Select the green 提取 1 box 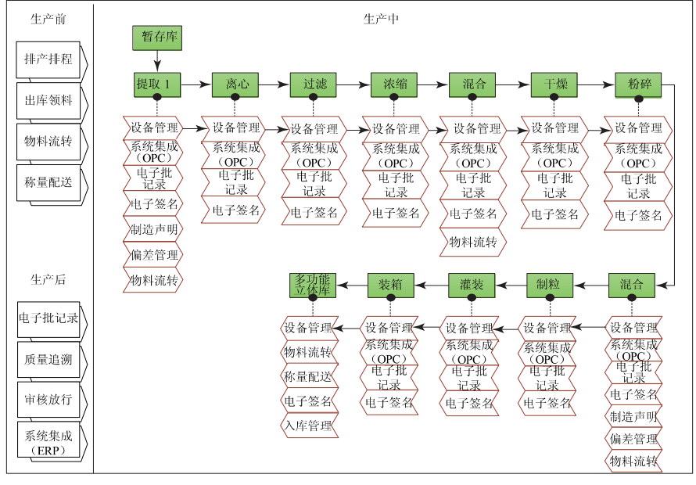[158, 84]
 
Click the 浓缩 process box [394, 84]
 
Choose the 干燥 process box [554, 84]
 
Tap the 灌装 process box [472, 285]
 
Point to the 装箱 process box [390, 285]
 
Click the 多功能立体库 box [313, 285]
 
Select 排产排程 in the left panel [49, 59]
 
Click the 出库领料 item [49, 101]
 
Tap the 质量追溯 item [49, 360]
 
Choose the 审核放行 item [49, 399]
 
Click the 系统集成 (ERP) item [49, 443]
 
